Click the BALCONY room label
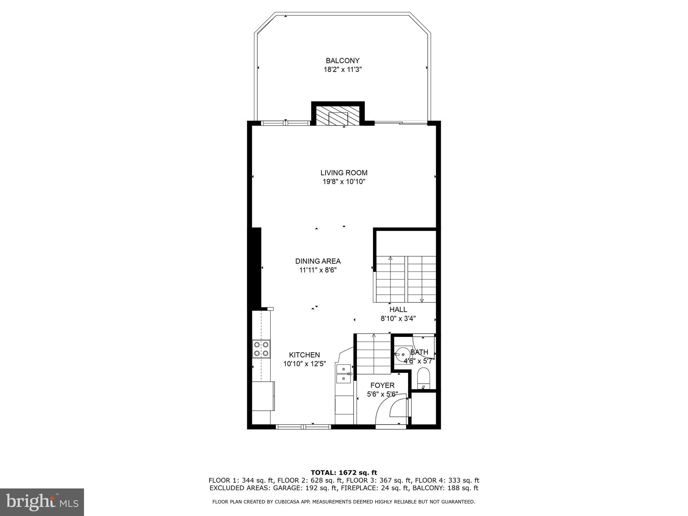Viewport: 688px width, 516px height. click(342, 61)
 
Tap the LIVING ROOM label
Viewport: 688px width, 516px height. click(344, 173)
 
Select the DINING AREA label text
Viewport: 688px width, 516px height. click(318, 261)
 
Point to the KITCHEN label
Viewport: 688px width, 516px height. click(304, 355)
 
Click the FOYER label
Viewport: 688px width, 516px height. click(382, 385)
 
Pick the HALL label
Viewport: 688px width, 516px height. click(398, 309)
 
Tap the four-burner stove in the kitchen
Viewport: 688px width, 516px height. click(261, 349)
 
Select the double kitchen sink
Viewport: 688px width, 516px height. click(343, 374)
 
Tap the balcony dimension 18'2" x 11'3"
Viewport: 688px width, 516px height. click(342, 70)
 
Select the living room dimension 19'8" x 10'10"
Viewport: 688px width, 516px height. click(344, 182)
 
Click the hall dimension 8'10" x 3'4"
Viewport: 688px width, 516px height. click(398, 318)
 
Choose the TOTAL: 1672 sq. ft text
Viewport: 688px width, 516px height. click(344, 473)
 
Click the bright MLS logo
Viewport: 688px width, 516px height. click(42, 502)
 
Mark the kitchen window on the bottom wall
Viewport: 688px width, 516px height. click(303, 427)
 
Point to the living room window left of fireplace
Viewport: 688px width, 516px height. click(286, 123)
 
